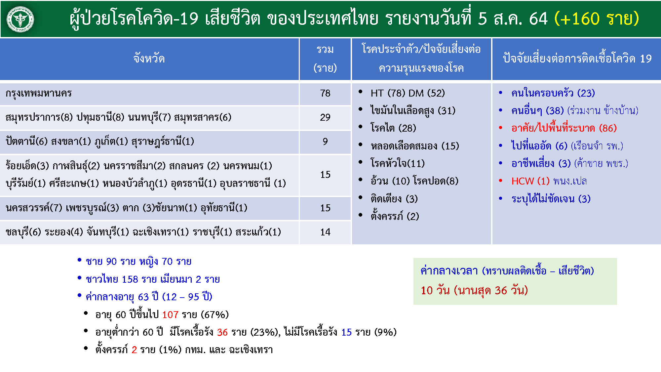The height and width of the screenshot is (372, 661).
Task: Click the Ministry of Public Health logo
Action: [x=20, y=19]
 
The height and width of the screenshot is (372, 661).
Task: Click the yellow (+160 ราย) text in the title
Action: [x=597, y=18]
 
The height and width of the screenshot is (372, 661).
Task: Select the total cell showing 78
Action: [x=325, y=93]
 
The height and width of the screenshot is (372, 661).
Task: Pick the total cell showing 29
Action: [x=325, y=117]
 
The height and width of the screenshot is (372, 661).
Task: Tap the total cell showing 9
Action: [x=325, y=142]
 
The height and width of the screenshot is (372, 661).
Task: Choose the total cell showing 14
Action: [x=325, y=232]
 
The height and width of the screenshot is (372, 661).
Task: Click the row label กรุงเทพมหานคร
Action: [x=39, y=93]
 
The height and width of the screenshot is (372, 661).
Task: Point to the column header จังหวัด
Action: [x=149, y=59]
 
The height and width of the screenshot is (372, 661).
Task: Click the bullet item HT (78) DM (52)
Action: [x=408, y=93]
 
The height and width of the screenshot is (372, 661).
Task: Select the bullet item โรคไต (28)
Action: [x=393, y=128]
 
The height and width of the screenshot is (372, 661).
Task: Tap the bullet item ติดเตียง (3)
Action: [x=394, y=199]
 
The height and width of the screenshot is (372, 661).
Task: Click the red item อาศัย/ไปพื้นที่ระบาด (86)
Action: [x=564, y=128]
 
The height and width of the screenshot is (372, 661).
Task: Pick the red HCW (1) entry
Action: [x=530, y=181]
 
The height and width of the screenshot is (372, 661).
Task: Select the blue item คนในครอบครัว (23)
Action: [x=553, y=93]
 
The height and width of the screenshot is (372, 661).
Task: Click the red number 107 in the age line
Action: [x=170, y=314]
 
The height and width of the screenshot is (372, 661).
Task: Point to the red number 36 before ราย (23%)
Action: [x=222, y=332]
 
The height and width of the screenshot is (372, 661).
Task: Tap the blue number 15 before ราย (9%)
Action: [x=346, y=332]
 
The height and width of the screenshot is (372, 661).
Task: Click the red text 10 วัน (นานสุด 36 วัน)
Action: [x=474, y=290]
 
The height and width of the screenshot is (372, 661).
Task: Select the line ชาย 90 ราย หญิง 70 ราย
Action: [x=138, y=262]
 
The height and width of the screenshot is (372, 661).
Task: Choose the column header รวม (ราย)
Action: [x=325, y=59]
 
